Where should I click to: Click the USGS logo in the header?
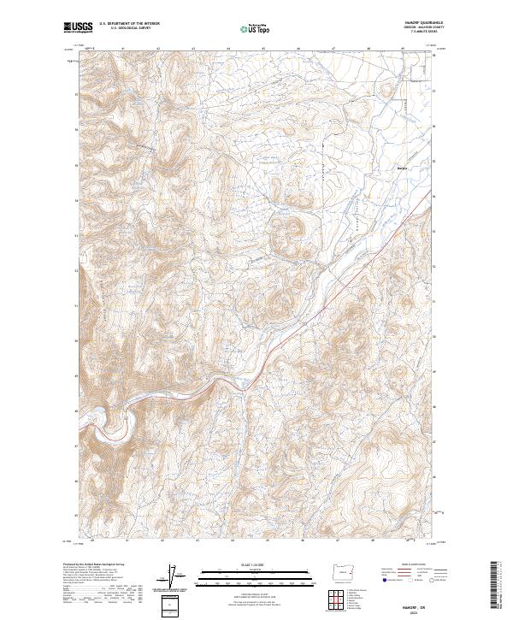pyautogui.click(x=78, y=28)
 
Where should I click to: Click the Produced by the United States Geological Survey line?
pyautogui.click(x=94, y=564)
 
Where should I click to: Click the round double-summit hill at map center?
pyautogui.click(x=286, y=229)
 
